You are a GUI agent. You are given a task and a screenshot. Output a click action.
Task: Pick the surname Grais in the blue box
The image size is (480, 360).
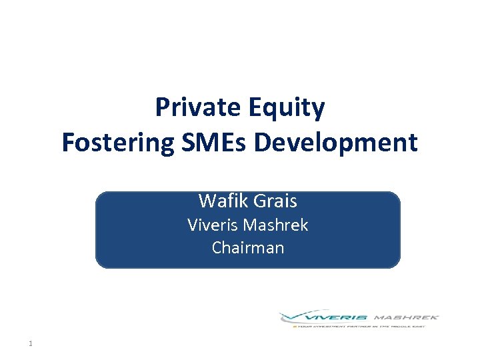pyautogui.click(x=274, y=201)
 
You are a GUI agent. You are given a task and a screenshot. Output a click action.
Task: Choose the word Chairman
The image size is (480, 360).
pyautogui.click(x=248, y=247)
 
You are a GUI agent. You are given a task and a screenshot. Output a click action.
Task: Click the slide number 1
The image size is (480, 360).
pyautogui.click(x=31, y=344)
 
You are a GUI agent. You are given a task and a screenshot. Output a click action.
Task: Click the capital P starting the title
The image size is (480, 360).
pyautogui.click(x=163, y=107)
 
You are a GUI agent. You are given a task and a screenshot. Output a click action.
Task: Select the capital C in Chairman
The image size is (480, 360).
pyautogui.click(x=217, y=247)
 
